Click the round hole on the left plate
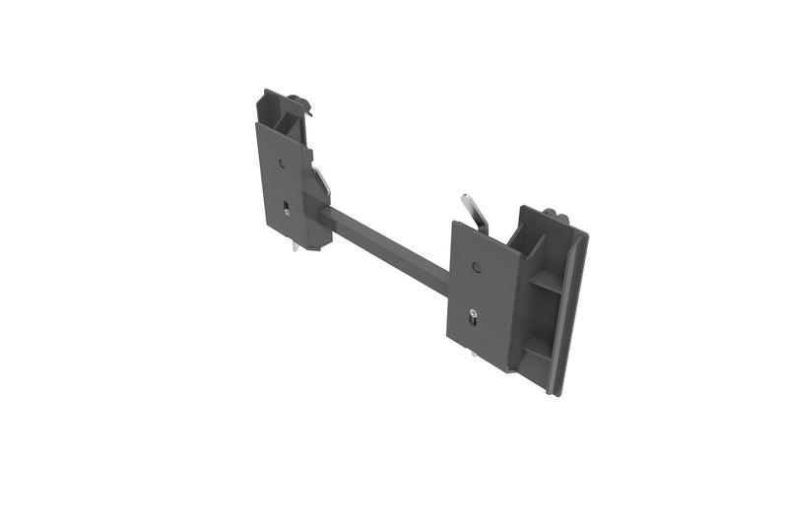[x=281, y=165]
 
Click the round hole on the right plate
[x=476, y=267]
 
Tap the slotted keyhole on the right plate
[x=474, y=316]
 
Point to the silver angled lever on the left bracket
[x=321, y=181]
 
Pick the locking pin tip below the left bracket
[x=295, y=246]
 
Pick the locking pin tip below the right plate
[x=474, y=354]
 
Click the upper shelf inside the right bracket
[x=545, y=282]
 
